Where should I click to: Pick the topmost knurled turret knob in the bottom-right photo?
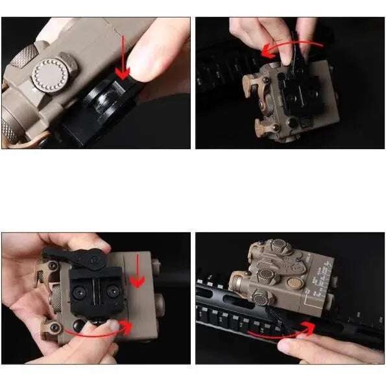[277, 246]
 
